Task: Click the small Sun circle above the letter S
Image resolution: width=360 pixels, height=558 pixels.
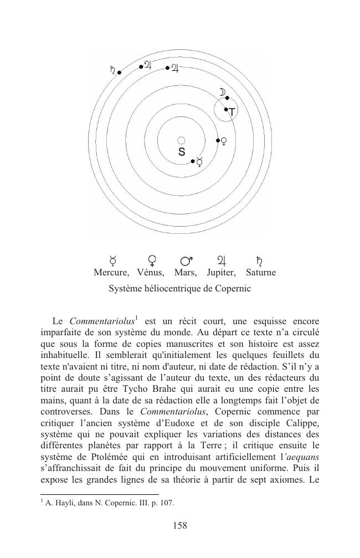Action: [181, 141]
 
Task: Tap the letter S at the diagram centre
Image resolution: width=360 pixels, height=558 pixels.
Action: [182, 152]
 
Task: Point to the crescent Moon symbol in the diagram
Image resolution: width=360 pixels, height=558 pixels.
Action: [222, 92]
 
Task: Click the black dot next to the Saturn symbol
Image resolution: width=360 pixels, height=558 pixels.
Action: [119, 73]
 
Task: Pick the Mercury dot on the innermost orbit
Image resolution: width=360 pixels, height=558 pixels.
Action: [193, 161]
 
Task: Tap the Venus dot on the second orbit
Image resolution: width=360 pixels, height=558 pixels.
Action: [218, 140]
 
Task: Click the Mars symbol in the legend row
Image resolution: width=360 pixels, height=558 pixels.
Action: [187, 259]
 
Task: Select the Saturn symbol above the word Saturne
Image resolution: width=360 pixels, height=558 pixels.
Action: [259, 259]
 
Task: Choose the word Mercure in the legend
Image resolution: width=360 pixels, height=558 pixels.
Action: [111, 273]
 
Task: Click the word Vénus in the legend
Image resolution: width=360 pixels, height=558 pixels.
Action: [151, 273]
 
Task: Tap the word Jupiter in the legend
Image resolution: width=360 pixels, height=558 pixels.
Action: [222, 273]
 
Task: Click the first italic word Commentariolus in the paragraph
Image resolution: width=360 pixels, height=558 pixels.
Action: [102, 321]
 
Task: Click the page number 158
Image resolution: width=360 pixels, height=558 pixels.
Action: [180, 526]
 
